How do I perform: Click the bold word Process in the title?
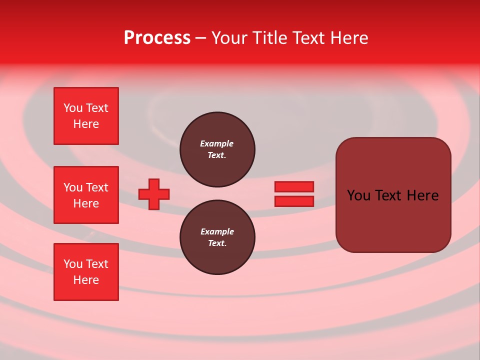pyautogui.click(x=157, y=38)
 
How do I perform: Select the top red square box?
pyautogui.click(x=86, y=116)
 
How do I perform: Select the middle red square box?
pyautogui.click(x=86, y=195)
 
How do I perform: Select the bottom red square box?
pyautogui.click(x=86, y=272)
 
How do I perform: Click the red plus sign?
pyautogui.click(x=154, y=194)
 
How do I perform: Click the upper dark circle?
pyautogui.click(x=217, y=149)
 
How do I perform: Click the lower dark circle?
pyautogui.click(x=217, y=237)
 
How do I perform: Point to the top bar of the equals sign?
pyautogui.click(x=294, y=186)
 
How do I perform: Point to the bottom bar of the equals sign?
pyautogui.click(x=294, y=201)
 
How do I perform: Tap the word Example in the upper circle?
pyautogui.click(x=216, y=143)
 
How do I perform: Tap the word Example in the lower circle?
pyautogui.click(x=216, y=231)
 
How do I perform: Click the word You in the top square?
pyautogui.click(x=73, y=108)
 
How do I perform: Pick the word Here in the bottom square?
pyautogui.click(x=86, y=280)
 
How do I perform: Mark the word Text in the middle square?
pyautogui.click(x=97, y=187)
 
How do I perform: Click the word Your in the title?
pyautogui.click(x=229, y=38)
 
